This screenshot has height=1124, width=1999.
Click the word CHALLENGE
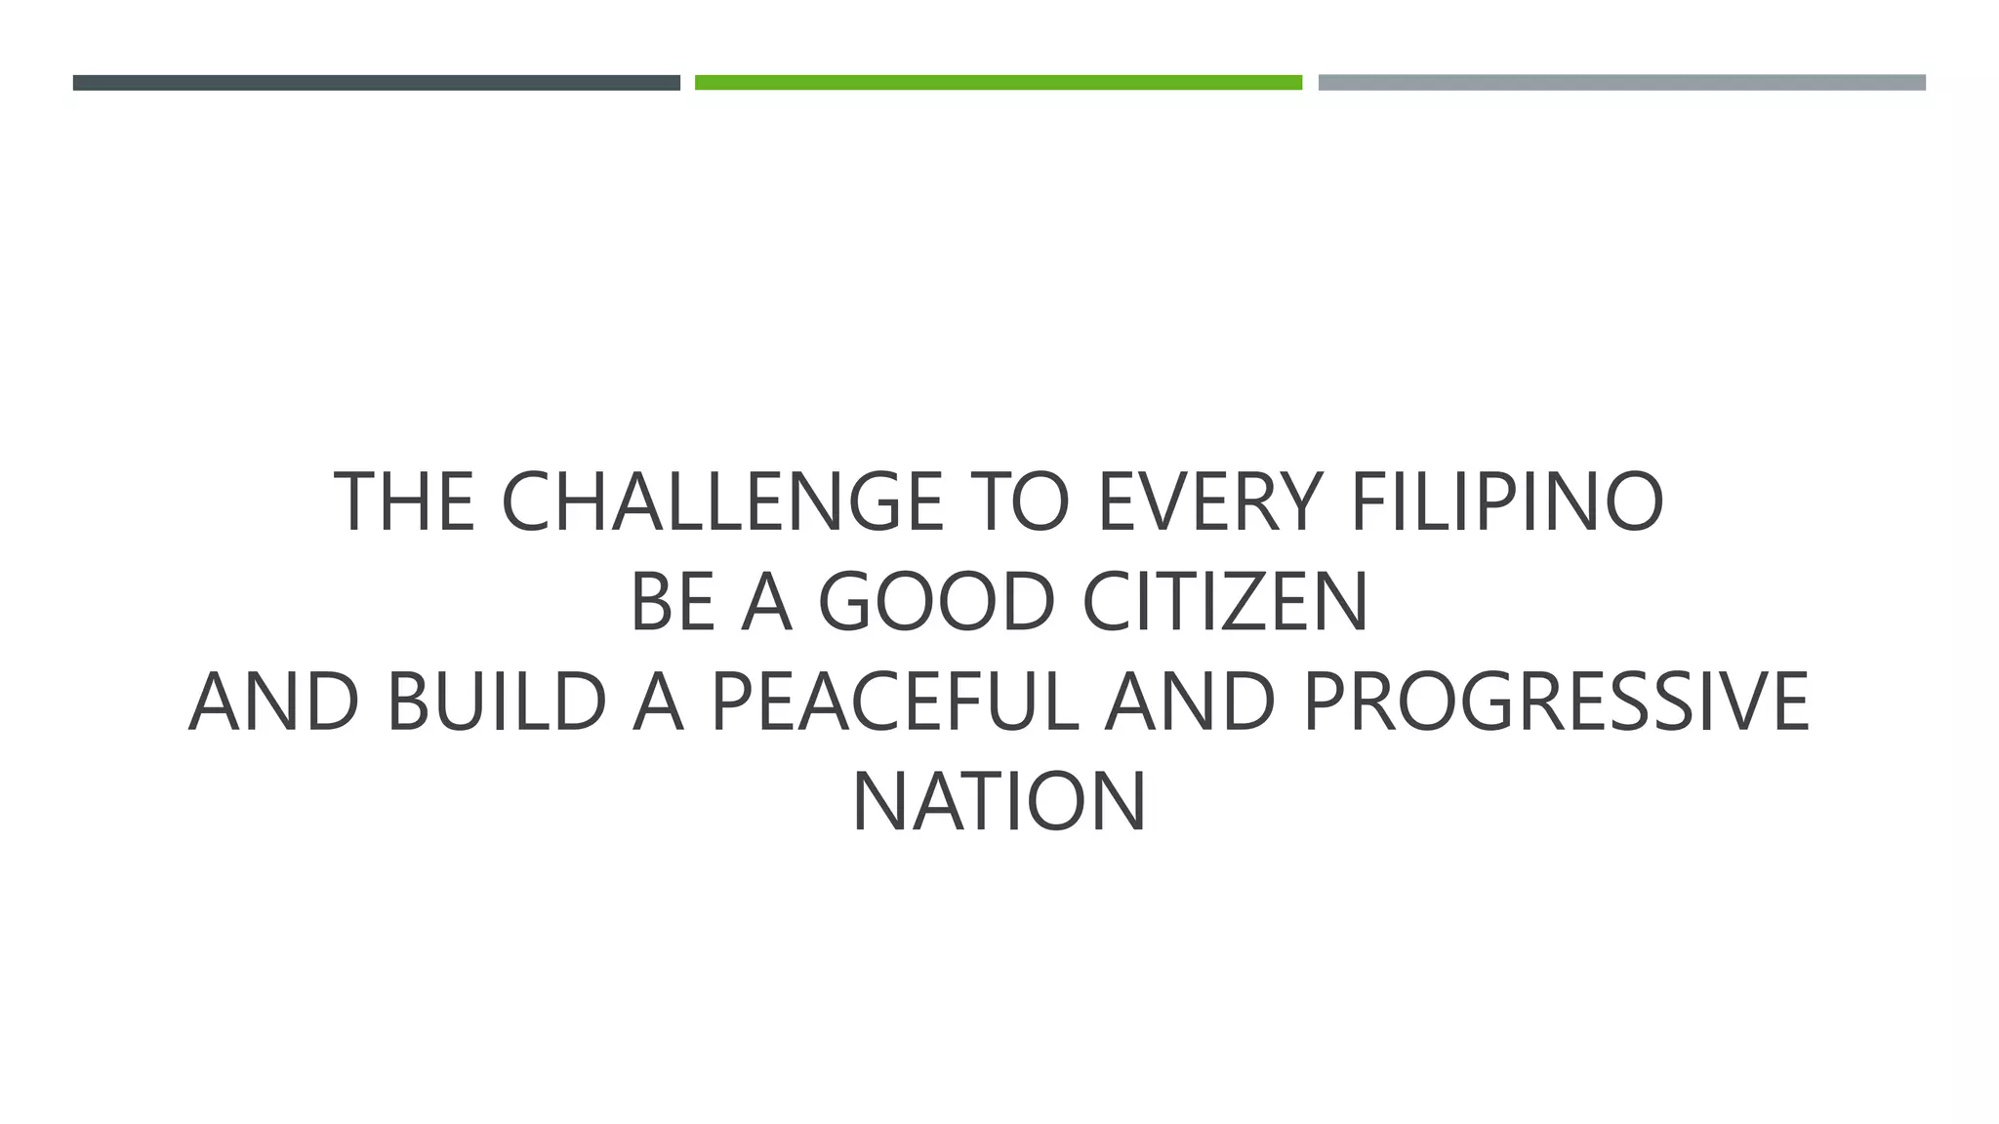tap(721, 502)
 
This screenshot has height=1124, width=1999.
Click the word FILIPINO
tap(1507, 502)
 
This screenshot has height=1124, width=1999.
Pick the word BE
tap(673, 602)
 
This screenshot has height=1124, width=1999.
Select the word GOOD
tap(937, 602)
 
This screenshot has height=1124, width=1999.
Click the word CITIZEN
tap(1226, 602)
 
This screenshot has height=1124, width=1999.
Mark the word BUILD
tap(497, 702)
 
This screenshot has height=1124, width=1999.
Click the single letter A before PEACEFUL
tap(658, 702)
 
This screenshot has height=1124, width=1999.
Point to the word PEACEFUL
tap(894, 702)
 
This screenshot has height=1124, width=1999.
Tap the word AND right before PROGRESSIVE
tap(1190, 702)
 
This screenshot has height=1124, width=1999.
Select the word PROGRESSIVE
tap(1556, 702)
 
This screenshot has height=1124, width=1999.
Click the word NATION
tap(999, 803)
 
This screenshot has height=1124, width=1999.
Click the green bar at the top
tap(999, 83)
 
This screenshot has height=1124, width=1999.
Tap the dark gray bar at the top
tap(376, 83)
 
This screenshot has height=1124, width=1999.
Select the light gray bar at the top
tap(1621, 83)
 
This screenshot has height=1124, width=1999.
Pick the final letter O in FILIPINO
tap(1632, 502)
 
